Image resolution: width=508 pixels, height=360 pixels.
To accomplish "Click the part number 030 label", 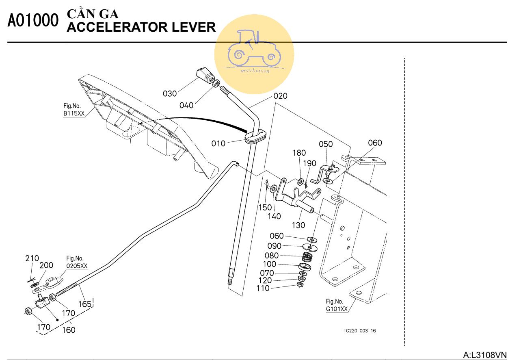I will [x=170, y=93].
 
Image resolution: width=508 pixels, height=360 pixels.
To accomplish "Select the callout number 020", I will [x=280, y=96].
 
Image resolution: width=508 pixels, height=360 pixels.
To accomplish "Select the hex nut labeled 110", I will [x=300, y=286].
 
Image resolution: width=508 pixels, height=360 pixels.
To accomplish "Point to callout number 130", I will [x=298, y=226].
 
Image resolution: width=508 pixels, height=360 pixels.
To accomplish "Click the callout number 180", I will [x=299, y=153].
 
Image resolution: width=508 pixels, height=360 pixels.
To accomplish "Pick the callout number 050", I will [x=326, y=144].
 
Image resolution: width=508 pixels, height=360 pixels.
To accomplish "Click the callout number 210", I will [x=32, y=258].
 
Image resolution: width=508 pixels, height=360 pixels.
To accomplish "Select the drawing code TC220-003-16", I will [x=359, y=330].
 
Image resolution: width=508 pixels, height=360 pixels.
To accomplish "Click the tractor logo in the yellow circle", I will [x=254, y=49].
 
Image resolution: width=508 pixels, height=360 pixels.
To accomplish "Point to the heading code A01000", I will [x=33, y=22].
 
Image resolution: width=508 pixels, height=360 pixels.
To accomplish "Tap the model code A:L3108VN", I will [x=485, y=355].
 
